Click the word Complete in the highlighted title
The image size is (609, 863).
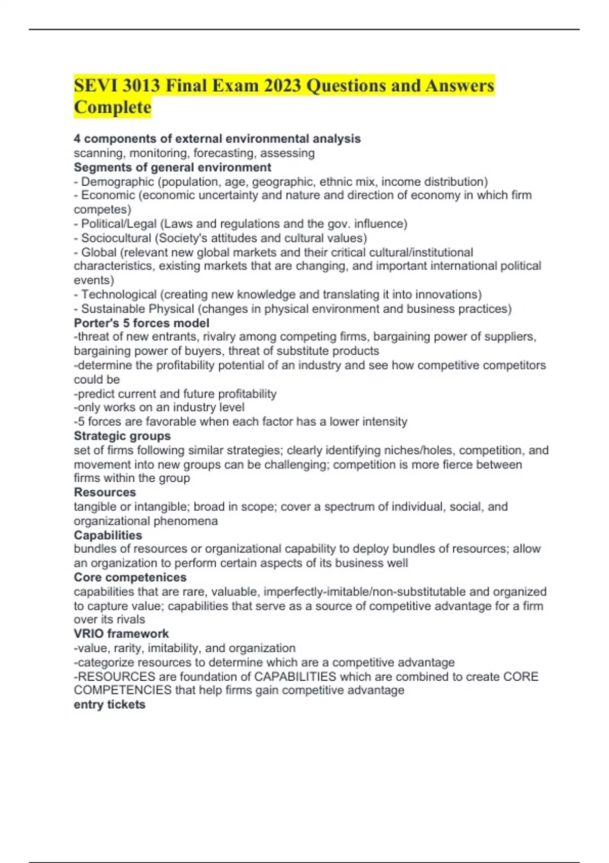[x=112, y=107]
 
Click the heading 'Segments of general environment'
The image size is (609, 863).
[x=172, y=167]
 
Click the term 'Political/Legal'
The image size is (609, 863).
[x=119, y=223]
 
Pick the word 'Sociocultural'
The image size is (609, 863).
[x=116, y=238]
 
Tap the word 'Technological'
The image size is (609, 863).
[x=119, y=294]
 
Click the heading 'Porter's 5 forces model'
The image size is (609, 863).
[x=141, y=323]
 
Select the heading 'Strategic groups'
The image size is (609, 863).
[x=122, y=436]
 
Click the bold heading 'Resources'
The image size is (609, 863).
[x=105, y=492]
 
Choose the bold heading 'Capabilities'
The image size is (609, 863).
[x=108, y=535]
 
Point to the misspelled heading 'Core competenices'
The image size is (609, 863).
[x=130, y=577]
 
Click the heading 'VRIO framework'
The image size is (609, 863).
[x=121, y=634]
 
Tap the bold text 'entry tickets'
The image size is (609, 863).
[x=109, y=704]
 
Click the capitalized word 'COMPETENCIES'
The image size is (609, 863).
[x=122, y=690]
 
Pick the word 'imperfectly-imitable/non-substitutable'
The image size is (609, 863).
[x=364, y=591]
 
